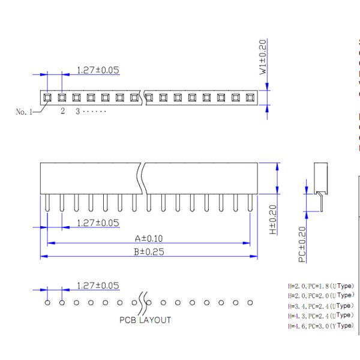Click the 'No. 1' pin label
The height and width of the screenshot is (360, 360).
point(25,112)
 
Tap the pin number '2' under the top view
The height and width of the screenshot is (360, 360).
point(62,112)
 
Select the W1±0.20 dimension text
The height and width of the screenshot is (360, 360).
point(263,58)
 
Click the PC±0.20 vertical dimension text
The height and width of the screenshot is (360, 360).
point(301,243)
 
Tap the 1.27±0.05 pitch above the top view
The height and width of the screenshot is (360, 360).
point(98,70)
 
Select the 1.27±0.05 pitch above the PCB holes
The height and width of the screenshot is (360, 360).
point(98,285)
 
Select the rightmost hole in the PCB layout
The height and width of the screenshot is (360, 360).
point(250,302)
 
